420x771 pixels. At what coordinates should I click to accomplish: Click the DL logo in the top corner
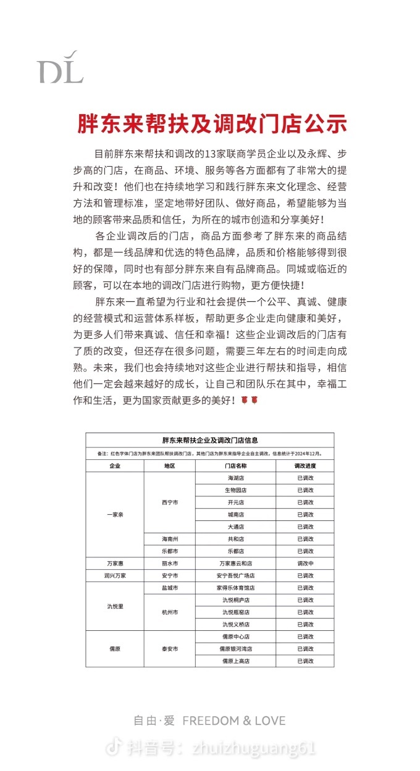pyautogui.click(x=59, y=67)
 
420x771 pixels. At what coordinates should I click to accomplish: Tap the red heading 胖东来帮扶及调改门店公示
pyautogui.click(x=212, y=123)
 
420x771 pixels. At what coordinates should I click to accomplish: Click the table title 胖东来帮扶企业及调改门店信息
pyautogui.click(x=210, y=440)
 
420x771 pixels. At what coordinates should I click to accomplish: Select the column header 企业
pyautogui.click(x=115, y=466)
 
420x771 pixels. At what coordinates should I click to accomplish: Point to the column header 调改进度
pyautogui.click(x=305, y=466)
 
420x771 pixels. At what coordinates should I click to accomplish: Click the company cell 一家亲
pyautogui.click(x=115, y=514)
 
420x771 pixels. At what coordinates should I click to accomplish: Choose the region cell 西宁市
pyautogui.click(x=170, y=502)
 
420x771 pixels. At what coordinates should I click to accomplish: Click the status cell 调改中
pyautogui.click(x=305, y=563)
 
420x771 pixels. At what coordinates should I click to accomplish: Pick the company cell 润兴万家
pyautogui.click(x=115, y=575)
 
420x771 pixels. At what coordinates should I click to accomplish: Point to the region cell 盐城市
pyautogui.click(x=170, y=588)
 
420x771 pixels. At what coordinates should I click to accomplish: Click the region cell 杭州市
pyautogui.click(x=170, y=612)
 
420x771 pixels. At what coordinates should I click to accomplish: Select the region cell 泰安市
pyautogui.click(x=170, y=649)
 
